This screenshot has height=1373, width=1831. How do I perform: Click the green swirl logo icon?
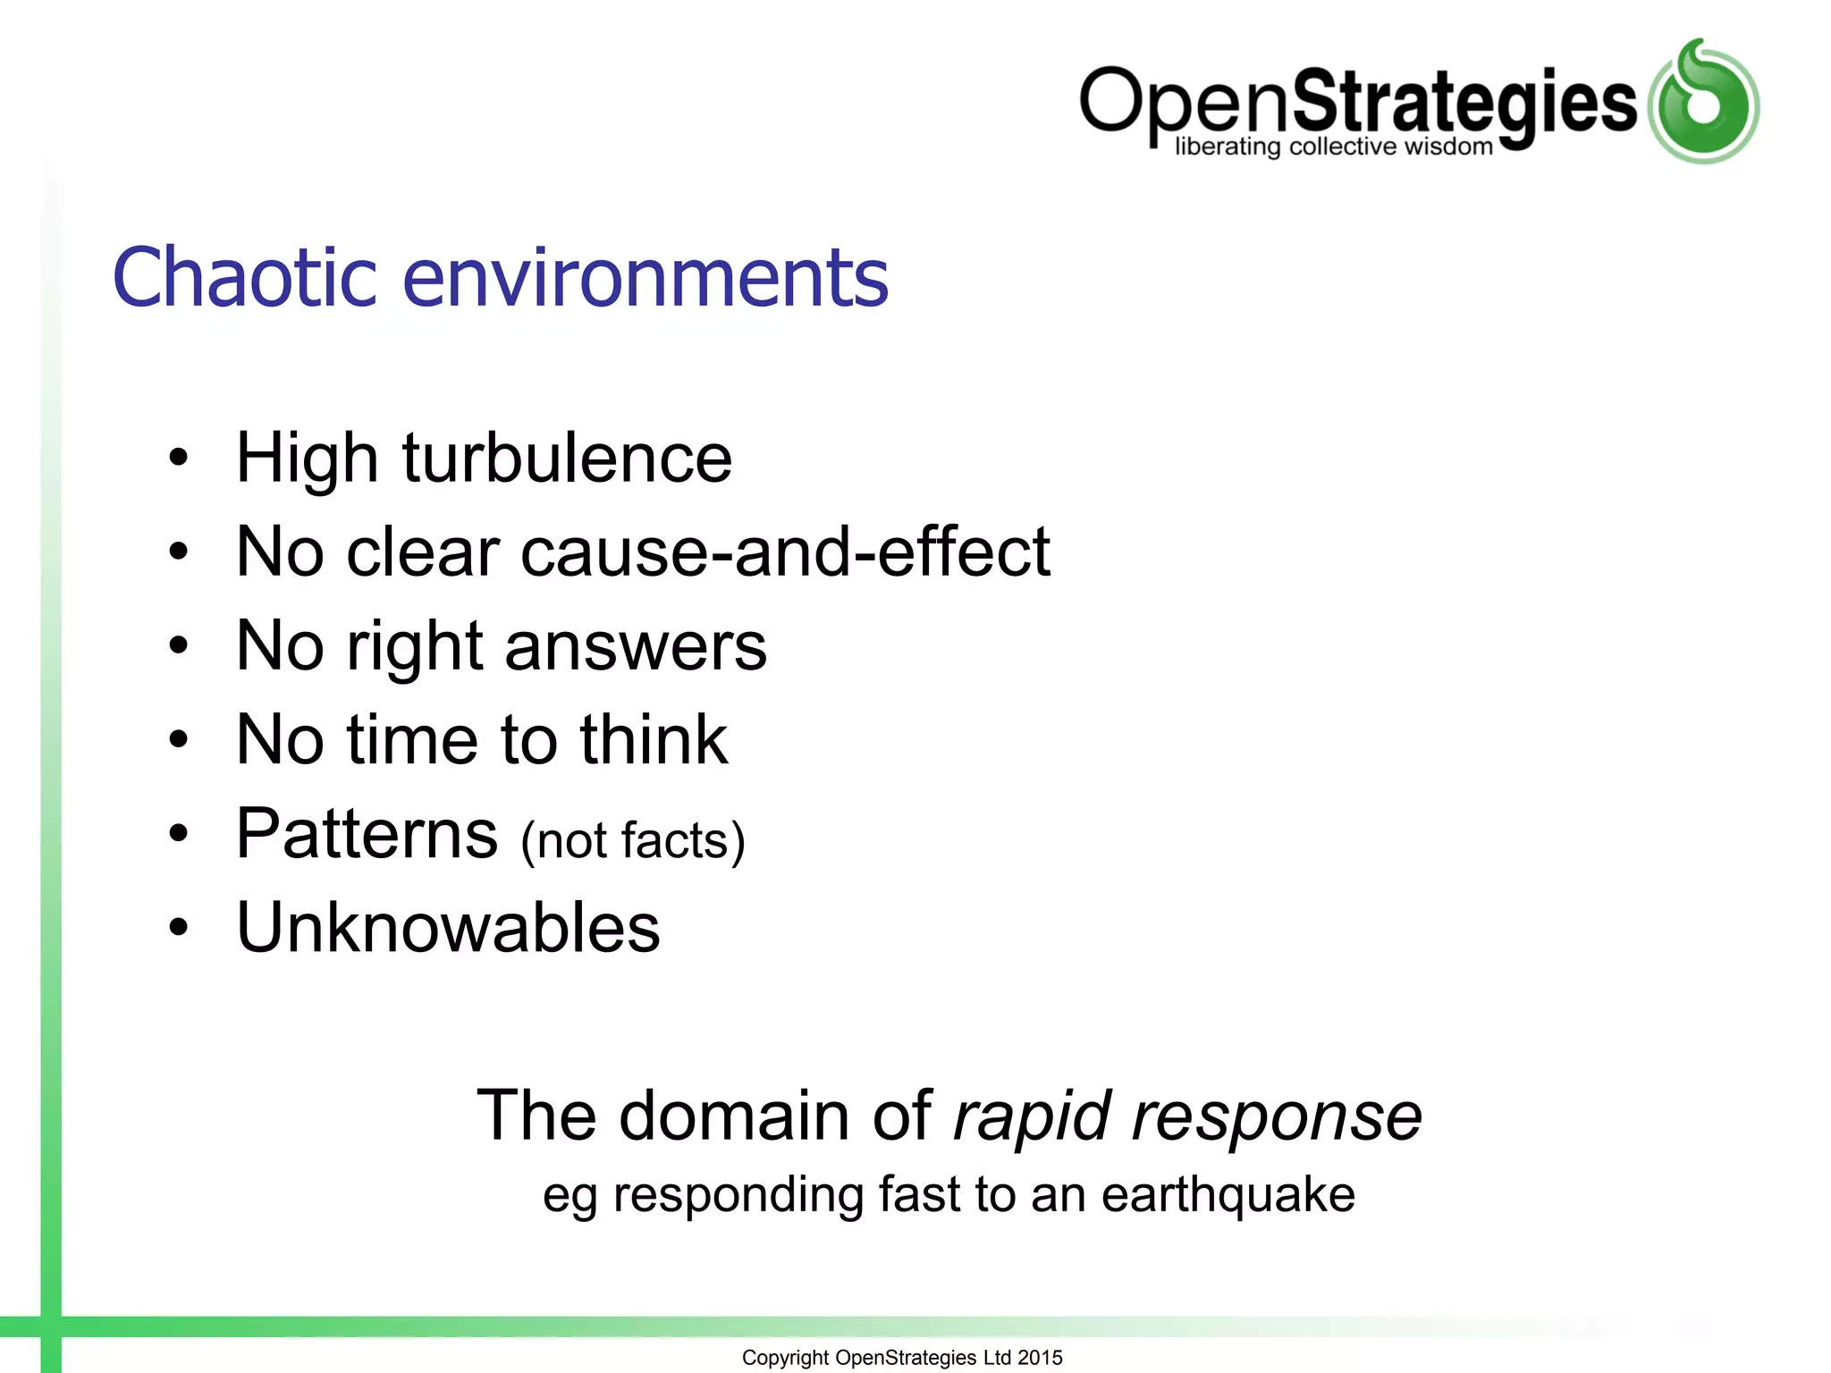[1703, 103]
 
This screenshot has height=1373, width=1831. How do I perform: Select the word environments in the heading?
[645, 278]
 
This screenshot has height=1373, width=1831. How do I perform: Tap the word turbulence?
[567, 459]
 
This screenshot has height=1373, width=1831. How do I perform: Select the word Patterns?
[367, 834]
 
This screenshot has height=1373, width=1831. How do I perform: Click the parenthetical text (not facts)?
[633, 841]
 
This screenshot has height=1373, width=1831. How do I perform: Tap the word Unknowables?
[448, 928]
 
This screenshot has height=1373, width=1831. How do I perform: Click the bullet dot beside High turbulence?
[179, 459]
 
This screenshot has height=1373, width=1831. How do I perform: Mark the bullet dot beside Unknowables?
[179, 928]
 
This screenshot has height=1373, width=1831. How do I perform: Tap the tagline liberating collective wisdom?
[1333, 147]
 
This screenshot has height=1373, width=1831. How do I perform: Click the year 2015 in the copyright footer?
[1040, 1358]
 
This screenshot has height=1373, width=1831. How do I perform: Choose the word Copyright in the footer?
[785, 1358]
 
